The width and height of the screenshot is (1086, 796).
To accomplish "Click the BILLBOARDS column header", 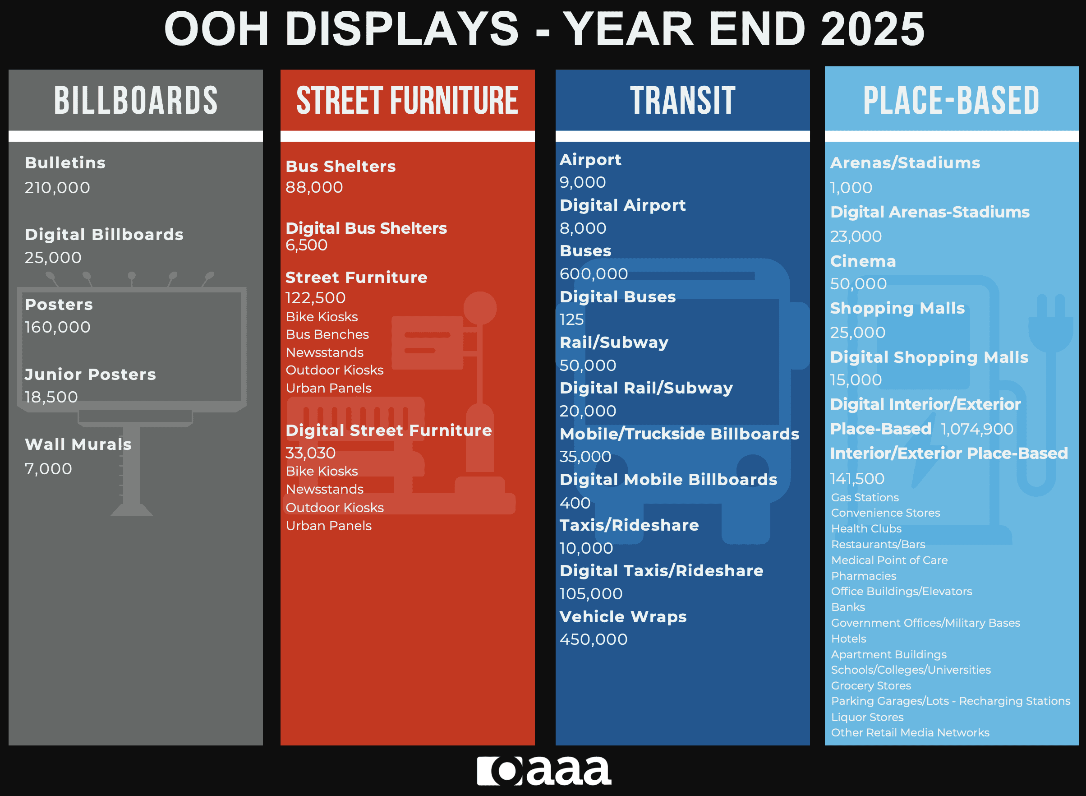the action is tap(135, 100).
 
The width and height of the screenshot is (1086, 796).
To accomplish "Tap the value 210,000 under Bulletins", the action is tap(57, 187).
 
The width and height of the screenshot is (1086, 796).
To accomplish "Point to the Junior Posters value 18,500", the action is tap(51, 397).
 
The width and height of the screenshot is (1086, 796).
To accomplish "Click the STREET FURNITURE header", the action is tap(407, 100).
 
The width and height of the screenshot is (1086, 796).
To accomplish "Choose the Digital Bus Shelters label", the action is tap(366, 228).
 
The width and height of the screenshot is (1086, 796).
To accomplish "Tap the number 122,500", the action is tap(315, 298).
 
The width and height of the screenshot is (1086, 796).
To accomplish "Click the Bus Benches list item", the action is tap(327, 334).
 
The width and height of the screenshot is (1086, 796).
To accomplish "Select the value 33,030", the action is tap(310, 453).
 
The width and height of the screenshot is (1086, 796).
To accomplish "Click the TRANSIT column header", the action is tap(682, 100).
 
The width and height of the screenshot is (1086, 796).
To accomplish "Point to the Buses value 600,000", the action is tap(594, 274).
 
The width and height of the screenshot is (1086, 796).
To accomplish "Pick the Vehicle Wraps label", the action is tap(623, 616).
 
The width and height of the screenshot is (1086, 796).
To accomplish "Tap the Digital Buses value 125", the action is tap(572, 319).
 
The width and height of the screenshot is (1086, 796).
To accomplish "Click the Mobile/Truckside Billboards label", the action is tap(680, 434).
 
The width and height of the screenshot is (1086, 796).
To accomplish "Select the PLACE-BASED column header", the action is tap(951, 100).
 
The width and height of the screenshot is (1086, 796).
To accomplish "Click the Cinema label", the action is tap(863, 261).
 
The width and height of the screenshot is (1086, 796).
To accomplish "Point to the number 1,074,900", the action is tap(977, 429).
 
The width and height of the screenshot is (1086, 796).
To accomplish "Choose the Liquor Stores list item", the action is tap(867, 717).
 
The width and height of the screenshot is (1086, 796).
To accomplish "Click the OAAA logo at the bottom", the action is tap(544, 770).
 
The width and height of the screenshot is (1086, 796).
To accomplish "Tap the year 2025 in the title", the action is tap(872, 29).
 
